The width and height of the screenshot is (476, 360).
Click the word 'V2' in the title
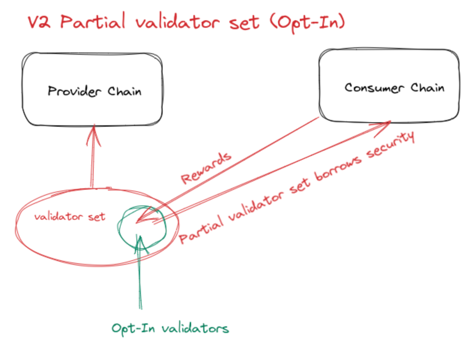(39, 22)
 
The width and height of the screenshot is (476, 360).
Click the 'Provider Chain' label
(94, 91)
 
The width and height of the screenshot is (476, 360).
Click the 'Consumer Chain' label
(394, 88)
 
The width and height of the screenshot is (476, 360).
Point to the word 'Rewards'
(206, 168)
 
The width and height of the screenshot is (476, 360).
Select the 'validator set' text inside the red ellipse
(70, 217)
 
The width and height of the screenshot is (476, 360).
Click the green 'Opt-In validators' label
(170, 328)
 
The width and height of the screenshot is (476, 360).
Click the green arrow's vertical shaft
(140, 277)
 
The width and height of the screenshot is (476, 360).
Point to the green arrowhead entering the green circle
(140, 242)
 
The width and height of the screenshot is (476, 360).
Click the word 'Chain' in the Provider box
(124, 91)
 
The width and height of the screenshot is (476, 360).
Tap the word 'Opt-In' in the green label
(133, 328)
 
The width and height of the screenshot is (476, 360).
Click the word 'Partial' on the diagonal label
(202, 229)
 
